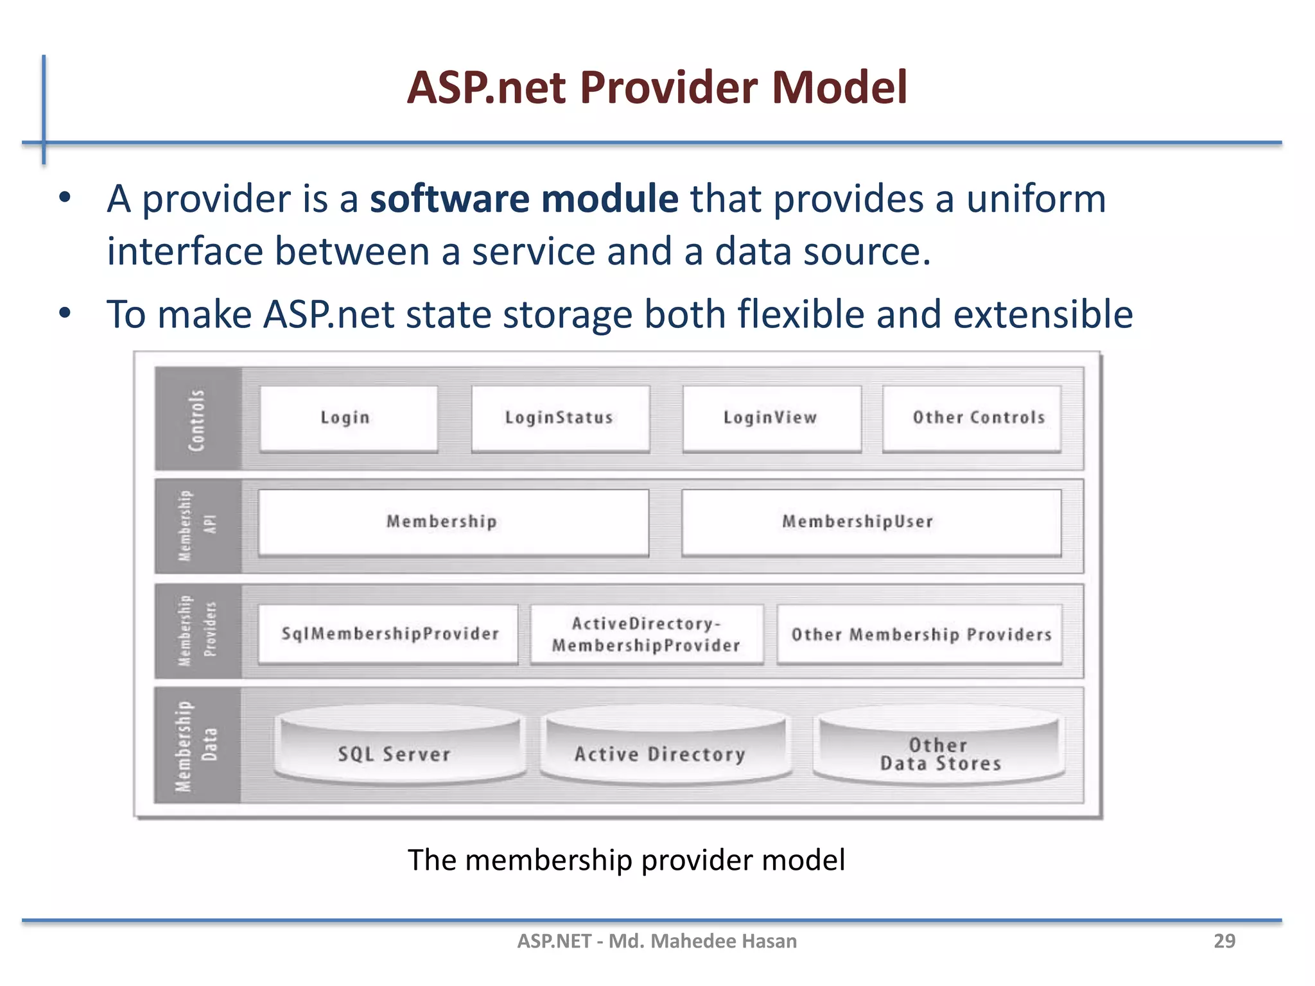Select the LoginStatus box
pos(560,418)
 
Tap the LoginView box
pos(771,418)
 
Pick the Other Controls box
pos(971,418)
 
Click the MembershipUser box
pos(871,522)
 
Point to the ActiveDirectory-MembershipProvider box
pos(647,634)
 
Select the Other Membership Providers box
pos(919,634)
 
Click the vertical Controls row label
pos(196,419)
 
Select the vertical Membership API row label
pos(196,525)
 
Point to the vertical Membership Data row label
pos(196,746)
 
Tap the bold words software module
pos(524,198)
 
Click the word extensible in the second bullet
pos(1043,315)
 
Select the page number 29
pos(1224,941)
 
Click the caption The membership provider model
pos(626,860)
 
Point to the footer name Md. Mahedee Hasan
pos(702,941)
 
